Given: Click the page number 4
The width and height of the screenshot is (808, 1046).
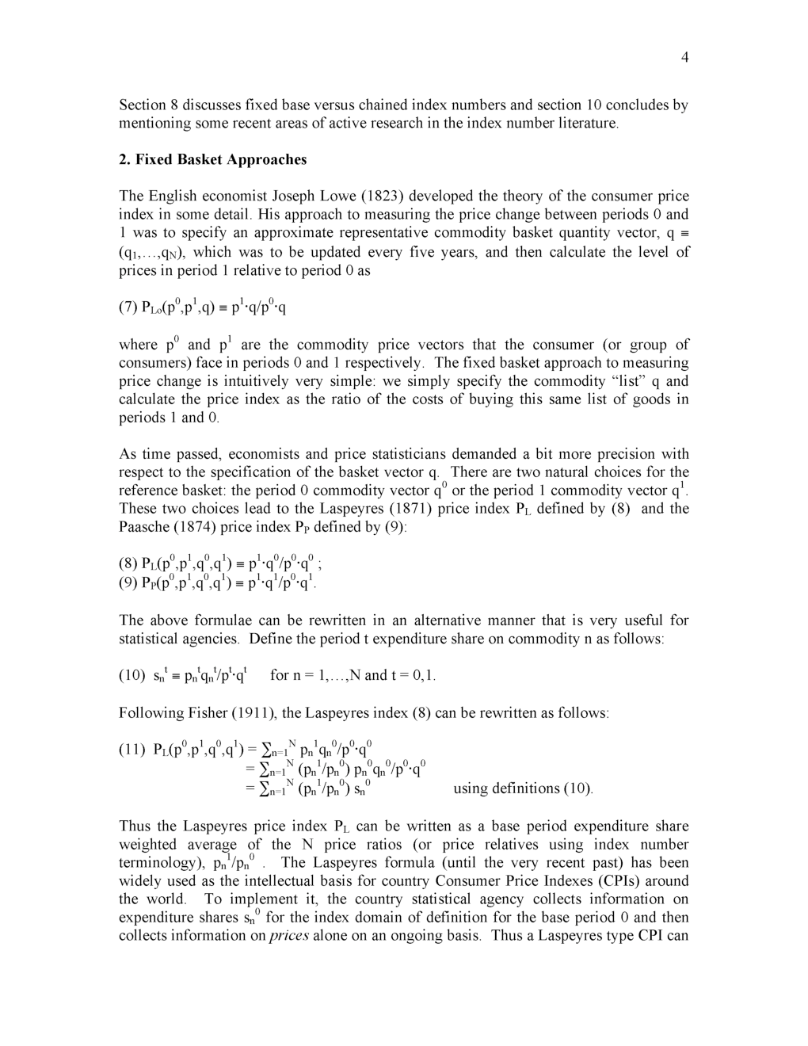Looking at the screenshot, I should click(684, 57).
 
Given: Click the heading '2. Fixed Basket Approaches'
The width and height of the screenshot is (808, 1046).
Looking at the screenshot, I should click(212, 159).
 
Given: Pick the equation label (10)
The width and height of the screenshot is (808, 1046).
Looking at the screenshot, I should click(132, 675).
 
